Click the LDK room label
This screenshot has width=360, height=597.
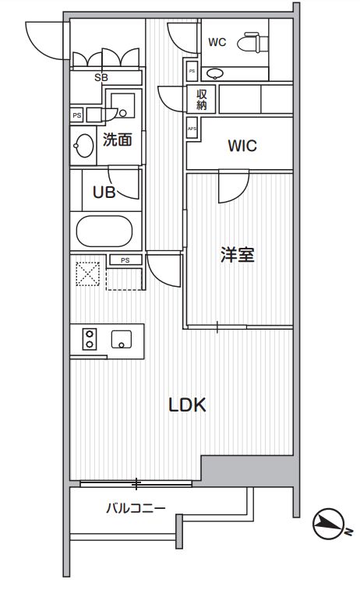pos(187,405)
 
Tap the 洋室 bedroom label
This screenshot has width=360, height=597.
pos(238,255)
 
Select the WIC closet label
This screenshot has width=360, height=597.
pos(242,146)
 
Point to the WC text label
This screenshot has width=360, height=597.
pos(217,43)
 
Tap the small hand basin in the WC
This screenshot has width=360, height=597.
pos(216,73)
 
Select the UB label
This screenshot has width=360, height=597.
pos(104,193)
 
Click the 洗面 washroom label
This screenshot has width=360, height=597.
pos(116,140)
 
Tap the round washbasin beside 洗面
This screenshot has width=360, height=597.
pos(83,145)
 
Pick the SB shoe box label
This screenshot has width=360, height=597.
pos(101,77)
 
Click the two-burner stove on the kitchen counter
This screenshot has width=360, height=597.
pos(89,339)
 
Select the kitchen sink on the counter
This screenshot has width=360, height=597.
pos(122,339)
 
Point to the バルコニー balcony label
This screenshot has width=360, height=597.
pos(136,508)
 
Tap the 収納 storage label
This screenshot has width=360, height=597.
pos(201,100)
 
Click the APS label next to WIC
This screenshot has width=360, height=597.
pos(192,129)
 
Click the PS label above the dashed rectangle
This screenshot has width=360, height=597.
pos(124,260)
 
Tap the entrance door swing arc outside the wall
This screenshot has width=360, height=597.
pos(43,39)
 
